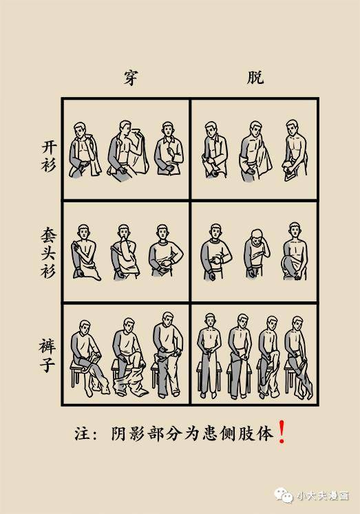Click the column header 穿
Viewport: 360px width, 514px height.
pos(128,78)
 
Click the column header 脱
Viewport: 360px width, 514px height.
pos(255,78)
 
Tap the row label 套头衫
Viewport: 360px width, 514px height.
pos(47,252)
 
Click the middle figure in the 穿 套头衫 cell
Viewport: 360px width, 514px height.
pos(124,252)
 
